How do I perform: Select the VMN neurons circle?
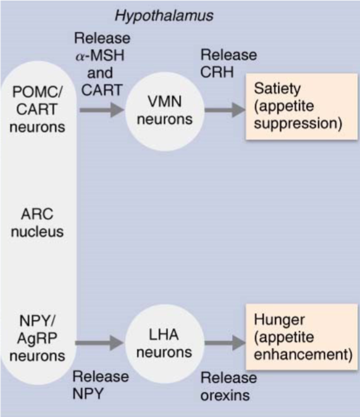tap(162, 111)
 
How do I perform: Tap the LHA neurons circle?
tap(162, 344)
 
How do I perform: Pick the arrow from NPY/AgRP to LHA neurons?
tap(101, 344)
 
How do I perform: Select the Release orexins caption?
tap(229, 387)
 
